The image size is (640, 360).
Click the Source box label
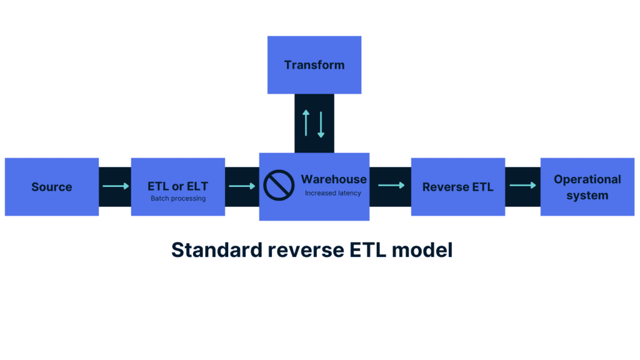click(x=52, y=187)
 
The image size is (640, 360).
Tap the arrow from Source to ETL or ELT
click(x=115, y=186)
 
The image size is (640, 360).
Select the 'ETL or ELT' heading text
click(x=177, y=186)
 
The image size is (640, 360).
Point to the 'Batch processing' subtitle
click(x=177, y=199)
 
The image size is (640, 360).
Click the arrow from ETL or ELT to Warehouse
click(x=242, y=186)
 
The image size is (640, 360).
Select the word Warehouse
click(x=334, y=179)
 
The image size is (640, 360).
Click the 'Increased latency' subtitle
click(x=333, y=193)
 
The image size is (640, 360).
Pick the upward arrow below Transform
click(x=306, y=123)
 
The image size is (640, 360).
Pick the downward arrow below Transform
click(x=321, y=124)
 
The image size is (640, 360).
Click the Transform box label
click(x=314, y=65)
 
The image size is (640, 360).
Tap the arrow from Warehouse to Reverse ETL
click(x=391, y=185)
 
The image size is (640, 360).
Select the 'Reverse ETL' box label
click(x=457, y=187)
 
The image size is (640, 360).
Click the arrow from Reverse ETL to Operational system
click(x=522, y=185)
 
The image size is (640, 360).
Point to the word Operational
click(x=587, y=179)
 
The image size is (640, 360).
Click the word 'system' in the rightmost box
click(x=587, y=195)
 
